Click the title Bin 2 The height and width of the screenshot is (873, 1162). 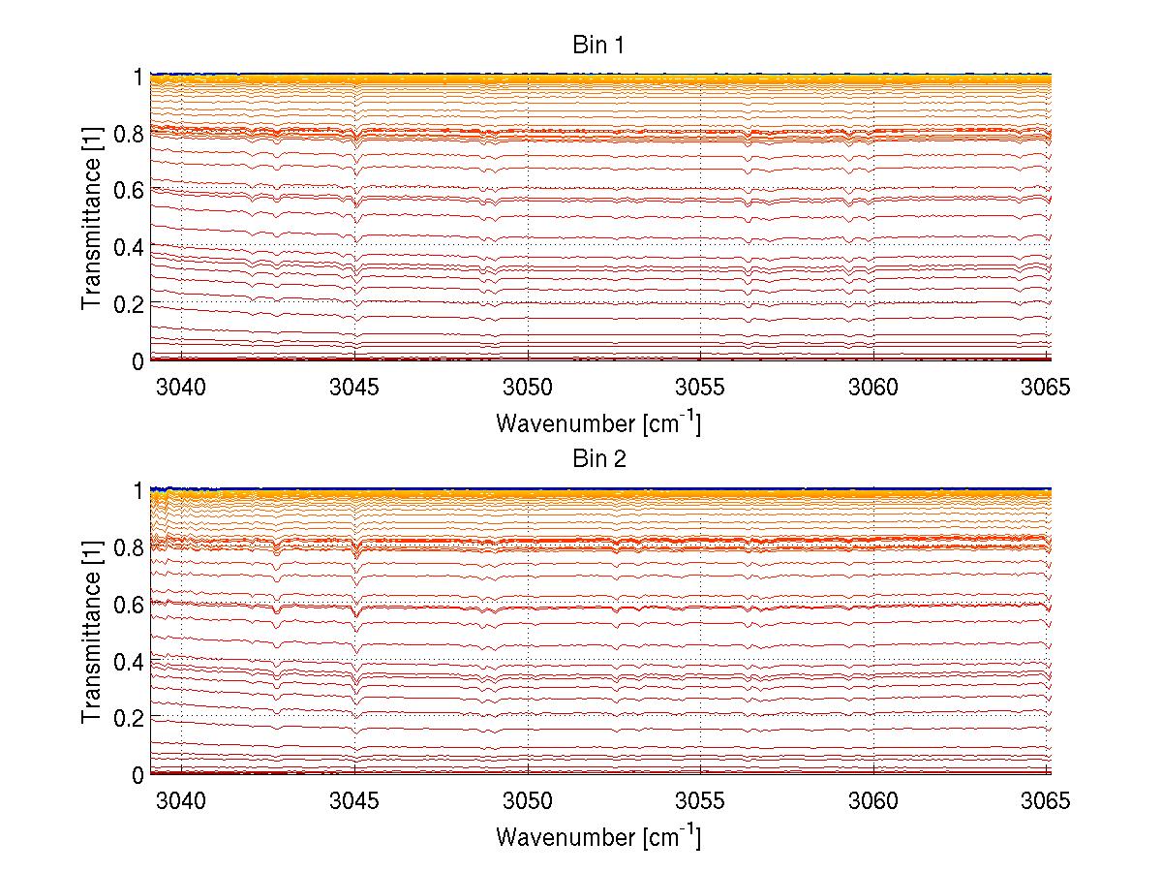click(x=599, y=459)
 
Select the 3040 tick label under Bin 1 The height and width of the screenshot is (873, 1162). click(x=182, y=388)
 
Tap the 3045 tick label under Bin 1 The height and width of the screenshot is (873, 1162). click(x=354, y=388)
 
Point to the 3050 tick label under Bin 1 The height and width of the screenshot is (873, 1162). click(x=528, y=388)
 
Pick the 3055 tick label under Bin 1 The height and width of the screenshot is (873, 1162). click(x=700, y=388)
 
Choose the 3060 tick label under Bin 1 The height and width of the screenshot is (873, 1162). click(x=873, y=388)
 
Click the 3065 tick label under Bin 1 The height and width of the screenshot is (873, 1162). click(x=1046, y=388)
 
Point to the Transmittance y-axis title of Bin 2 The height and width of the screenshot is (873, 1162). click(x=92, y=631)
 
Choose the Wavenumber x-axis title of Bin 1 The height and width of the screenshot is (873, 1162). click(x=597, y=422)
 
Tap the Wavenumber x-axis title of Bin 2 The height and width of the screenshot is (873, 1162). click(x=597, y=836)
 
